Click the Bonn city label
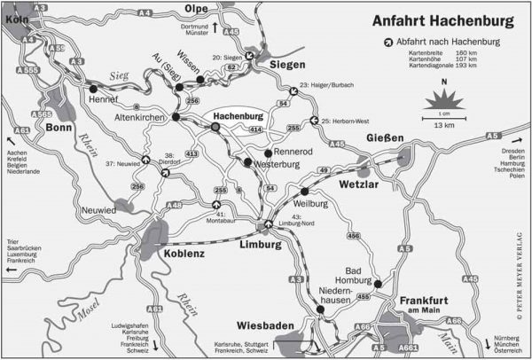(x=59, y=127)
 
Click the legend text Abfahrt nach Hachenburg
(x=449, y=42)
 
